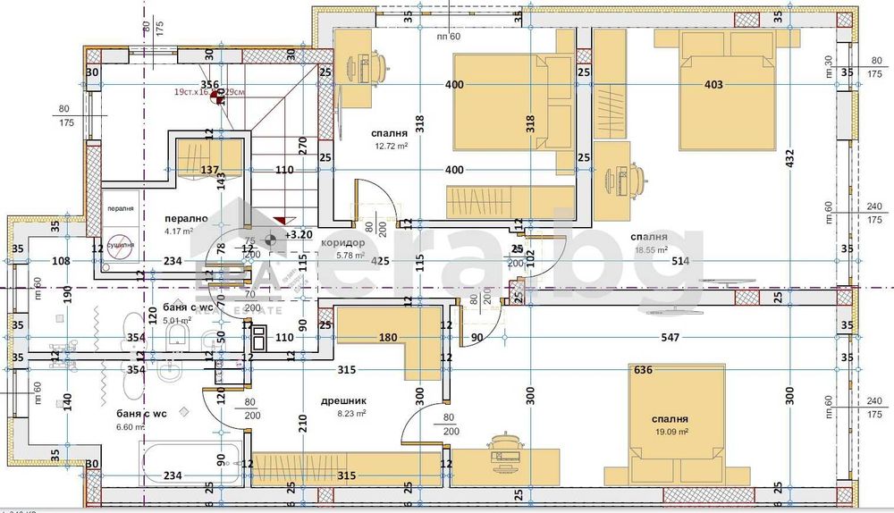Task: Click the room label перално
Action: coord(186,218)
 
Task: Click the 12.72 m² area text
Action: coord(391,147)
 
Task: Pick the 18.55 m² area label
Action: coord(650,250)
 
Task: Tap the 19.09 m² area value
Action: coord(670,432)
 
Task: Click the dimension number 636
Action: coord(643,369)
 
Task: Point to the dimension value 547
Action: coord(668,338)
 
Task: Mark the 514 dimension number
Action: coord(681,261)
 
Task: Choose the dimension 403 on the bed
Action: coord(713,85)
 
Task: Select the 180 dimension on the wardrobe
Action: coord(387,338)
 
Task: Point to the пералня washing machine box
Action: coord(120,210)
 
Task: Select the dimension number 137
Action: coord(209,170)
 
